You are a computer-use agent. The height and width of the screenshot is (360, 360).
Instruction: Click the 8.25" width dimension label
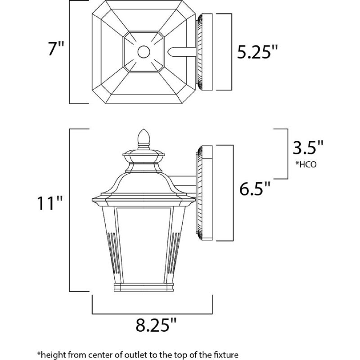point(153,324)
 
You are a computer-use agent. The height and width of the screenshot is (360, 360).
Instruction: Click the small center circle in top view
point(144,52)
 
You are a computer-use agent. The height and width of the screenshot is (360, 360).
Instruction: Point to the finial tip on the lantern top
point(144,135)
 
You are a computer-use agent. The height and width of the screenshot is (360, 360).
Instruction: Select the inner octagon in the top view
point(144,52)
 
